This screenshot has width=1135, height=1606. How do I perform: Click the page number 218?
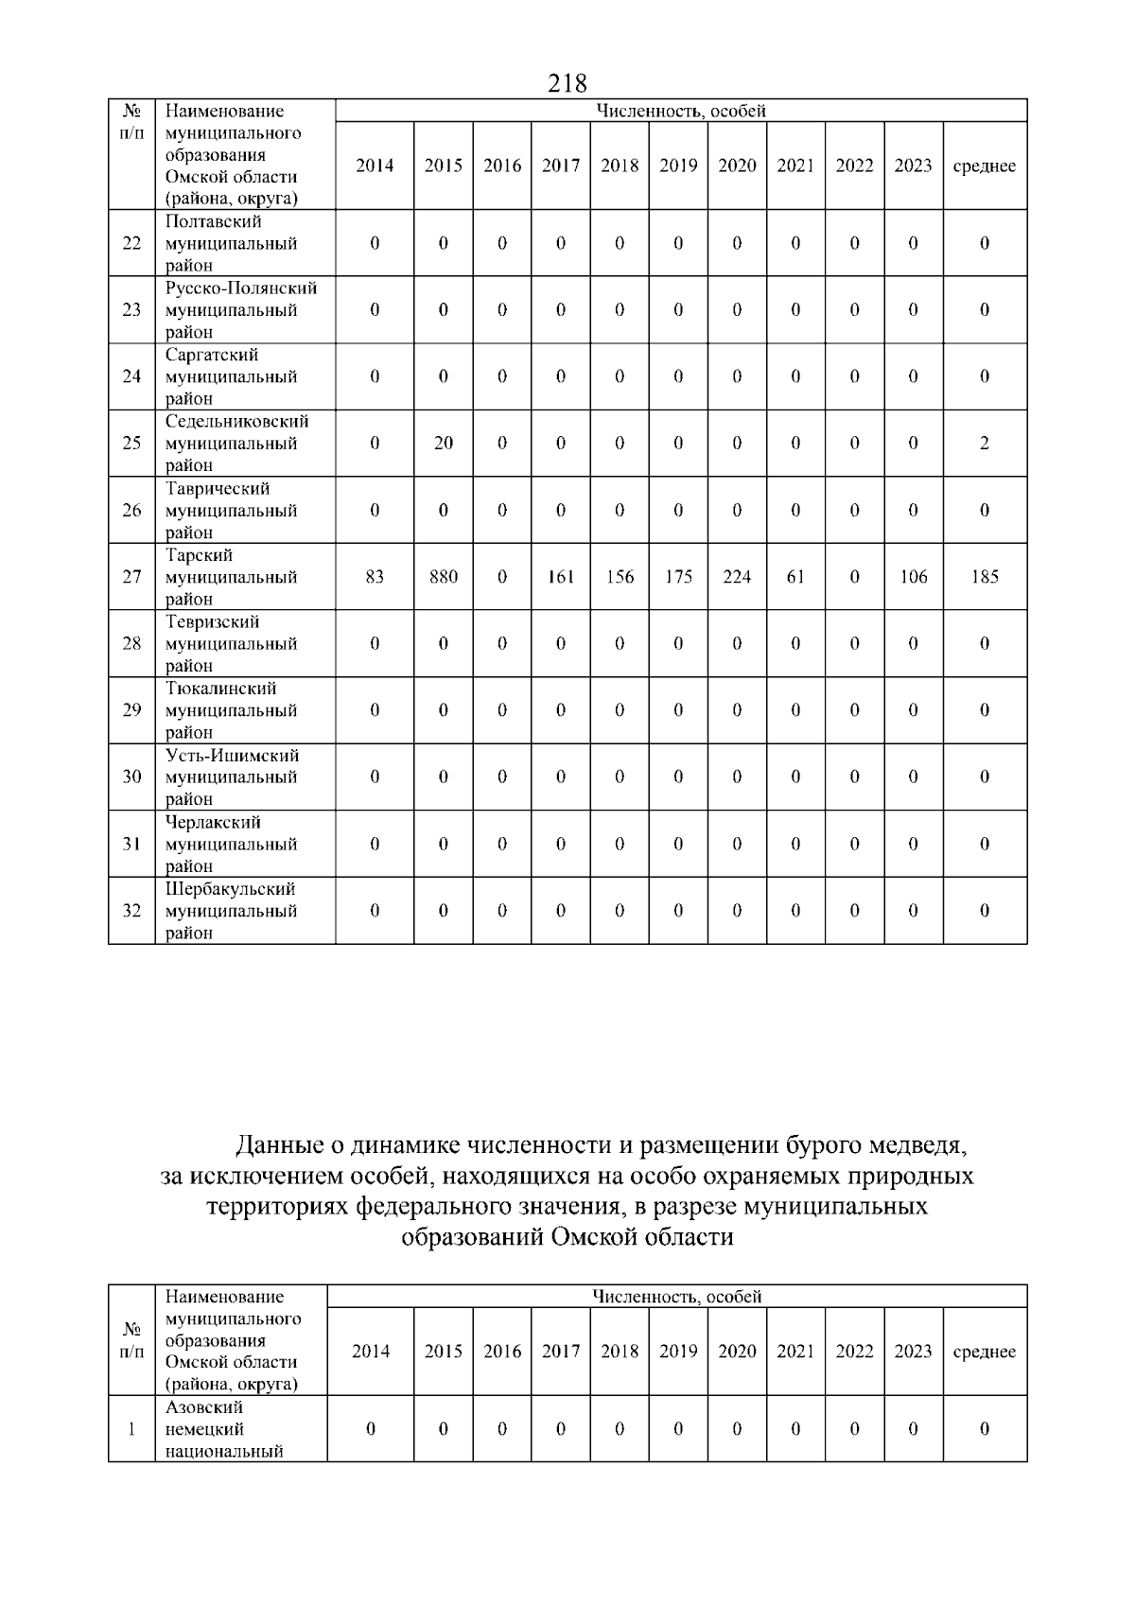click(567, 83)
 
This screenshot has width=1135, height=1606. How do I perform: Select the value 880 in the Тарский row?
click(444, 577)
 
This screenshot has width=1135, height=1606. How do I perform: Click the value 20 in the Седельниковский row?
click(444, 443)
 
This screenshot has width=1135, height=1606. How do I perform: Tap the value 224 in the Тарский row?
click(737, 577)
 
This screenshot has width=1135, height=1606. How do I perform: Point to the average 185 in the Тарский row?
click(985, 577)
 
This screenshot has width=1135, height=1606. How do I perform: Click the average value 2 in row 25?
click(985, 443)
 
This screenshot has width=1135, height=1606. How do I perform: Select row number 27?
click(131, 577)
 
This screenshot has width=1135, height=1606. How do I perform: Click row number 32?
click(131, 911)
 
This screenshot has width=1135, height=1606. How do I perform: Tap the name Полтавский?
click(214, 221)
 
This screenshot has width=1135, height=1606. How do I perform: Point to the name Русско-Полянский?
click(241, 288)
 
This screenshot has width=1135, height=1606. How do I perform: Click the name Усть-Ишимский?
click(233, 756)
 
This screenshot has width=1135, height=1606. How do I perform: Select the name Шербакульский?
click(231, 889)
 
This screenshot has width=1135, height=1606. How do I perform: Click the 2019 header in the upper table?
click(678, 166)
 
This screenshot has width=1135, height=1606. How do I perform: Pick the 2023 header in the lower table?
click(913, 1352)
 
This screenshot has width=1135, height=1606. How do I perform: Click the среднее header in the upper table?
click(985, 166)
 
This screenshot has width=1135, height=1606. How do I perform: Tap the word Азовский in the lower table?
click(204, 1407)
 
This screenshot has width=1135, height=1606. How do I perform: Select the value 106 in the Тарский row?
click(913, 577)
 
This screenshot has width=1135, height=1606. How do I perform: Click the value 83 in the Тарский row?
click(375, 577)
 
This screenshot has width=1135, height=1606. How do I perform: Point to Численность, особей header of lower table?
click(677, 1297)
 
